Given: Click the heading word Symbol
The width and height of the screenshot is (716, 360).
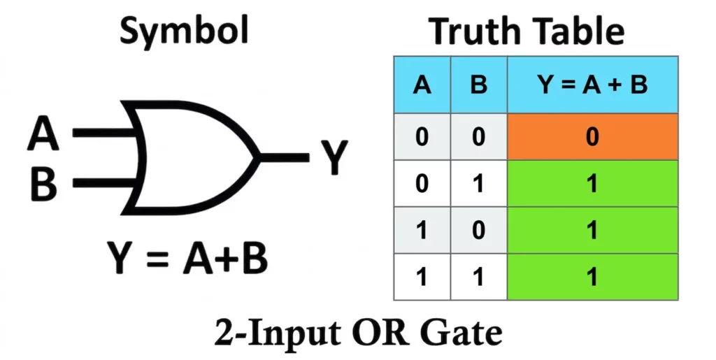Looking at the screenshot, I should point(184,30).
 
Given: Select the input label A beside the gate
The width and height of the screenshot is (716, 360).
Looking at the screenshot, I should point(43,134).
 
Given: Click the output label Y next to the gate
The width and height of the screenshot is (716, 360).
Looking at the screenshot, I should point(334,157).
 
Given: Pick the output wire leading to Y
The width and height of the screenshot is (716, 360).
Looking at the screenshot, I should point(284,157).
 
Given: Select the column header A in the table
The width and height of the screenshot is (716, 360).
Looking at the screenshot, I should point(422,85).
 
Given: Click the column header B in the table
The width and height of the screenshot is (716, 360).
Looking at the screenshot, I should point(478,85).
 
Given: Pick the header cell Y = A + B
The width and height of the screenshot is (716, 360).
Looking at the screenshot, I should point(592,85).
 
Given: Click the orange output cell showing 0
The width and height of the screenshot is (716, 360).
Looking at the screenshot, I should point(592,136).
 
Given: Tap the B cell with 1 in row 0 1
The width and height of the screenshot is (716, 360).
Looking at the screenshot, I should point(478,183).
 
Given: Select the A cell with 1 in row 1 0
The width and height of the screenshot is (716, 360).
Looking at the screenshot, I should point(422,230).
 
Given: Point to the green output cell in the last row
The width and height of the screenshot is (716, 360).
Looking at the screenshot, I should point(592,277).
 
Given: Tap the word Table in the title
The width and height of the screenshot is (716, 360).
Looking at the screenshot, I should point(579,31).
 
